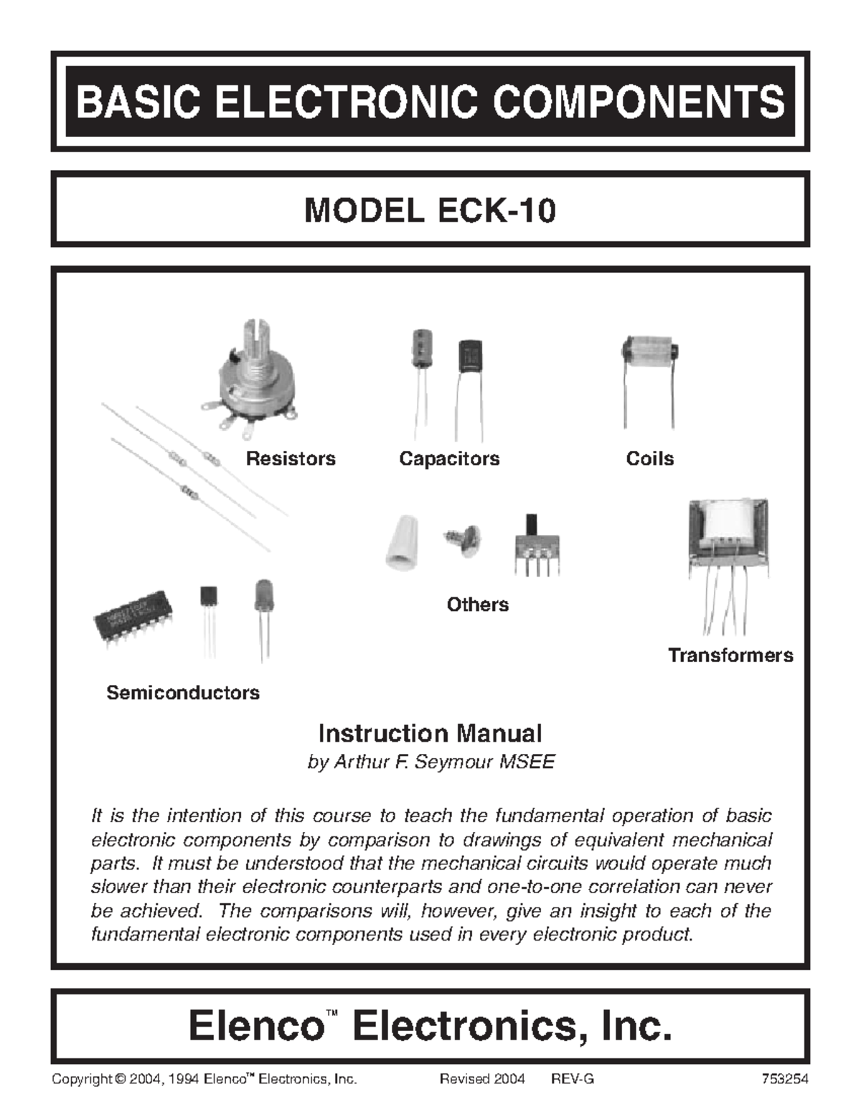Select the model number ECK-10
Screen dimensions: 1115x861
(x=496, y=211)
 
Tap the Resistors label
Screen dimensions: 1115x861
(x=291, y=459)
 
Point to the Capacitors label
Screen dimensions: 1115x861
(x=449, y=459)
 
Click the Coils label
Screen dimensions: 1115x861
(x=649, y=459)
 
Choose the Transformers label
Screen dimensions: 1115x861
(x=730, y=655)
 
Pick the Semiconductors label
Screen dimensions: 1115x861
(x=183, y=693)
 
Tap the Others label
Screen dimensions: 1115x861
(x=477, y=605)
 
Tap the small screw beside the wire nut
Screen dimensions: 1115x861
(x=463, y=538)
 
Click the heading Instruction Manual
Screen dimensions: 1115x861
(x=430, y=733)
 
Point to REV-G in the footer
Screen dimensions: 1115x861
(x=573, y=1079)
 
